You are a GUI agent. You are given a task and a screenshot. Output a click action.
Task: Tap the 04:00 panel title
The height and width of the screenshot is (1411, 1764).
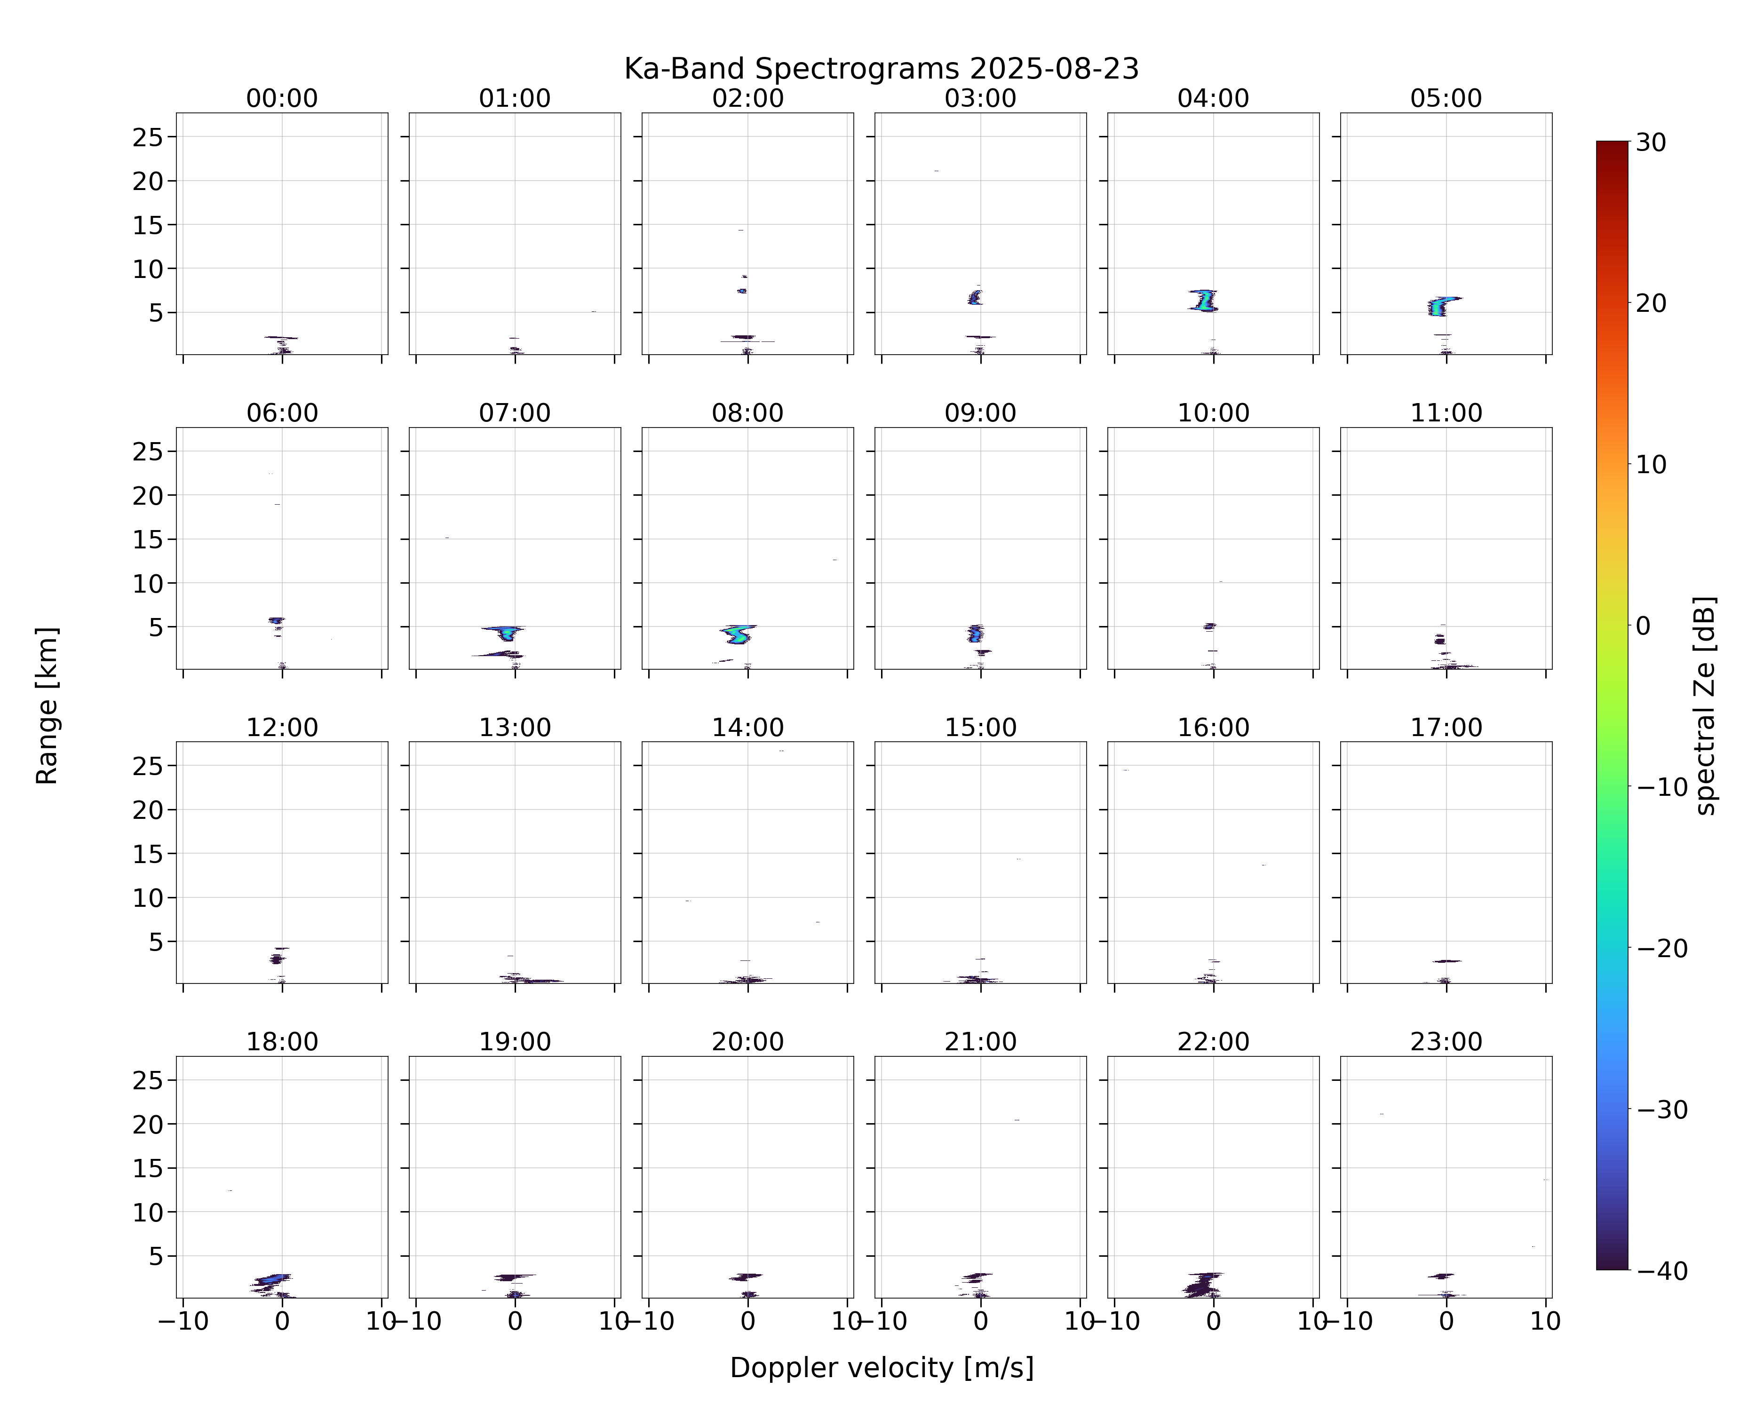click(1213, 98)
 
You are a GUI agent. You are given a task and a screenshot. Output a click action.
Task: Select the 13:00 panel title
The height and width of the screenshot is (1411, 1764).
click(515, 727)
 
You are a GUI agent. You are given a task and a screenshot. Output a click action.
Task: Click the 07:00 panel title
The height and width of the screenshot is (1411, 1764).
click(515, 413)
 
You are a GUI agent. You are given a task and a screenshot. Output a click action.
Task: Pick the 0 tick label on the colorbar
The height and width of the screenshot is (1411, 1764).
click(1643, 626)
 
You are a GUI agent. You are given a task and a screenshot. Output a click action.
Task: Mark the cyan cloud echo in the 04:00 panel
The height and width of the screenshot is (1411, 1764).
click(1204, 301)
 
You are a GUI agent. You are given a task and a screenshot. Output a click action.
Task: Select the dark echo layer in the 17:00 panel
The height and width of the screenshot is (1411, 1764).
click(1446, 961)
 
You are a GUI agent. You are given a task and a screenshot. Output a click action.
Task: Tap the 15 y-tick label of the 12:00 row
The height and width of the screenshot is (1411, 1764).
click(148, 854)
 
